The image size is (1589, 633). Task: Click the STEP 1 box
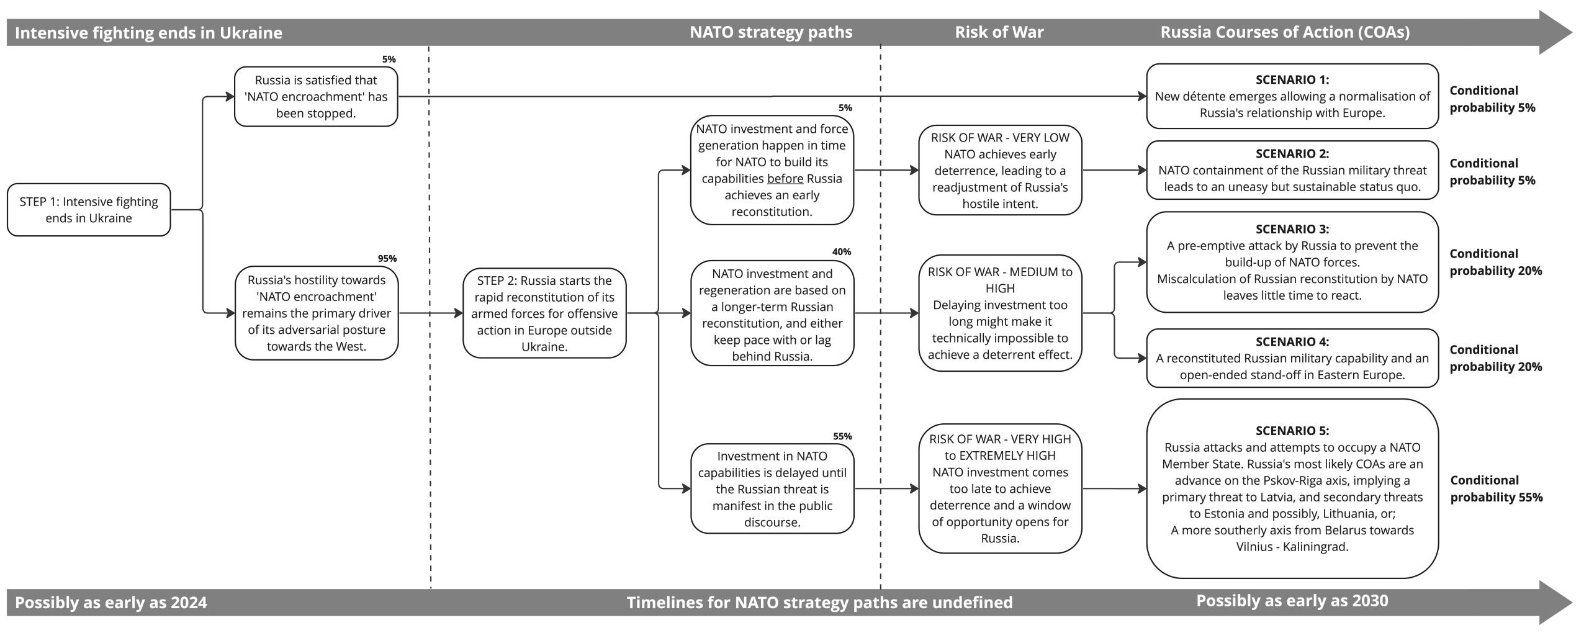89,210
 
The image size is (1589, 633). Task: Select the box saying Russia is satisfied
316,97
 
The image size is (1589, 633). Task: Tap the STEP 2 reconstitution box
544,313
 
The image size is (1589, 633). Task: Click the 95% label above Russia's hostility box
387,259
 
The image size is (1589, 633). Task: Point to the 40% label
842,252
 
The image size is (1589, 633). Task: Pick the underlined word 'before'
785,179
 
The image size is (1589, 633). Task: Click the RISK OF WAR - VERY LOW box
1000,170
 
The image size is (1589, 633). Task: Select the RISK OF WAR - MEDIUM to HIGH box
1000,313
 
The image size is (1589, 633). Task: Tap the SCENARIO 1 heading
1292,79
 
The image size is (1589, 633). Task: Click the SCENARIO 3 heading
1292,229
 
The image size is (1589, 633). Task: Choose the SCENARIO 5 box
1292,488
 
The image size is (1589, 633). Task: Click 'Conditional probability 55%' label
1497,488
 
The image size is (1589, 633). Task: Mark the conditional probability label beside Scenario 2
1492,172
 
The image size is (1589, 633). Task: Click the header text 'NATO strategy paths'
771,32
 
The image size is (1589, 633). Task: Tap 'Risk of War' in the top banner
999,32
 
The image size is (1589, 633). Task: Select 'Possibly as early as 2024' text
111,603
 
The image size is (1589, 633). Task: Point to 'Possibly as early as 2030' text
1292,601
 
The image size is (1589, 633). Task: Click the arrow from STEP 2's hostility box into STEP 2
431,313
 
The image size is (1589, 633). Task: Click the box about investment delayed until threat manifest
772,488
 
